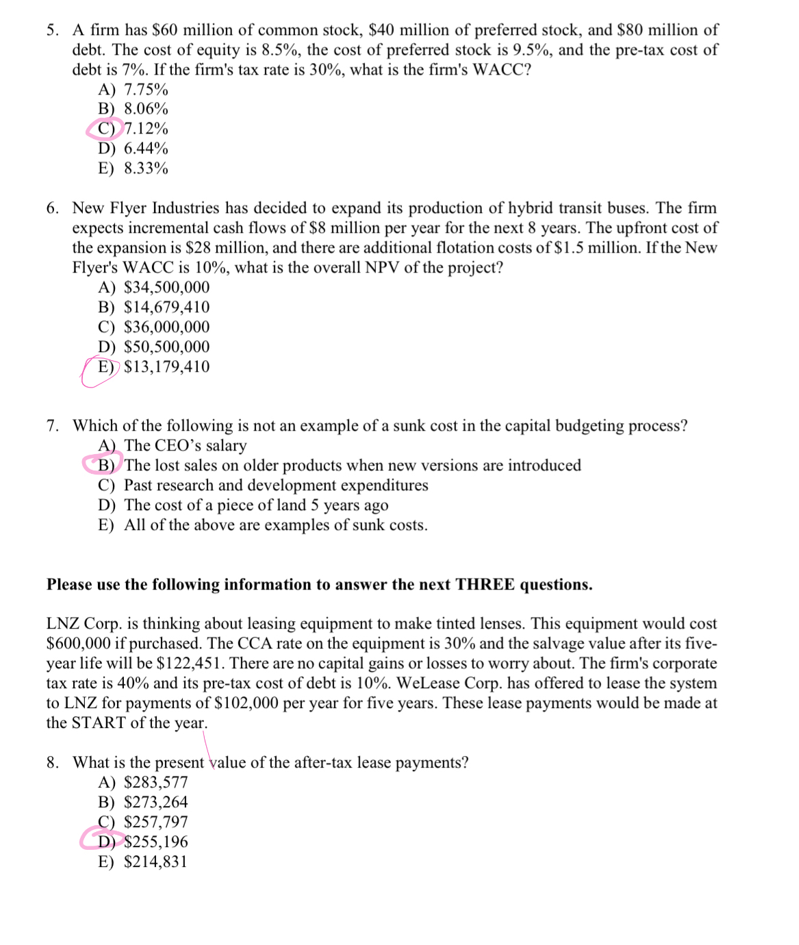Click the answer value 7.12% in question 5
point(146,129)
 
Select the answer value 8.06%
point(146,109)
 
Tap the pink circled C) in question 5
point(106,129)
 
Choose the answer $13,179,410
point(166,367)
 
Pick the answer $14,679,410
point(166,307)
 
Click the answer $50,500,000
point(166,347)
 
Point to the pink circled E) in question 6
point(105,367)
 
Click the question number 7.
point(52,426)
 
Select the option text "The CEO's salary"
point(185,446)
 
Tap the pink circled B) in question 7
point(106,466)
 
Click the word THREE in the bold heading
point(485,585)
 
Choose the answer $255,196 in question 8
point(155,842)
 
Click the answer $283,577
point(155,783)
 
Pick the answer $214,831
point(155,862)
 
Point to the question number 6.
point(52,208)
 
